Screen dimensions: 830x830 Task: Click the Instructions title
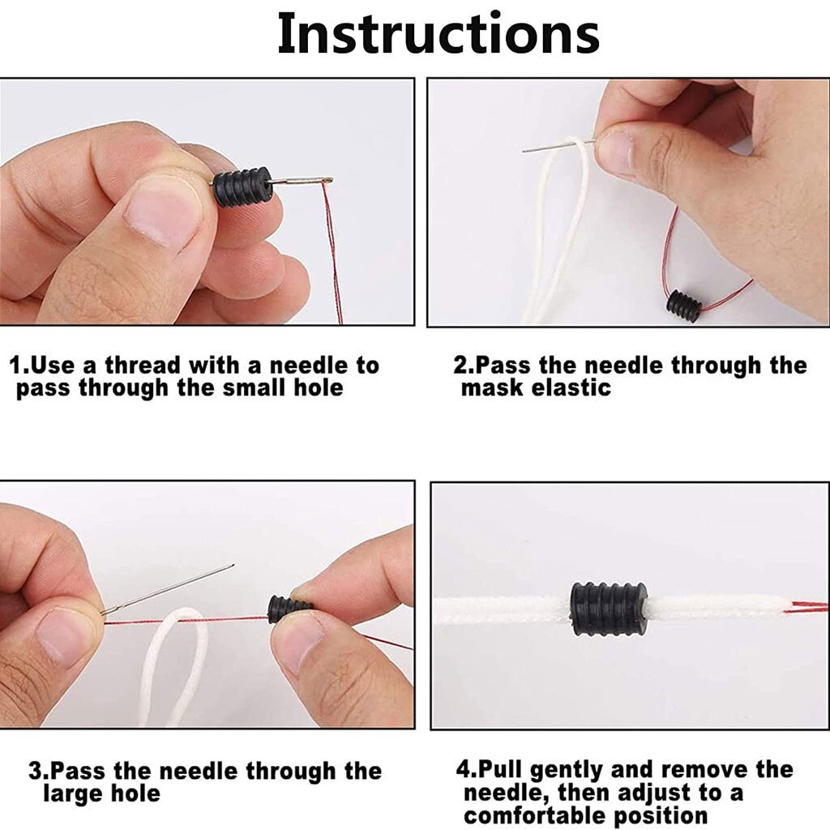point(439,33)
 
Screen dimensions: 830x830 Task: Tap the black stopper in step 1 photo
point(243,187)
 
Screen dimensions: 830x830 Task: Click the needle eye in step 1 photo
point(323,181)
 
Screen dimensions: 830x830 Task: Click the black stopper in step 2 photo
point(684,305)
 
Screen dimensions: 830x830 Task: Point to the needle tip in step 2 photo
point(523,152)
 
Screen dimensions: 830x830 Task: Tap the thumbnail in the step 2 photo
point(616,152)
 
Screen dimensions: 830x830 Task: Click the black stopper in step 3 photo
point(289,610)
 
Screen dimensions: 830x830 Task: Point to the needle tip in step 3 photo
point(233,565)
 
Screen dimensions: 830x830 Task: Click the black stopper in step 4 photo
point(609,609)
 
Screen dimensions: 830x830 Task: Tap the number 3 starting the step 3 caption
point(35,772)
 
